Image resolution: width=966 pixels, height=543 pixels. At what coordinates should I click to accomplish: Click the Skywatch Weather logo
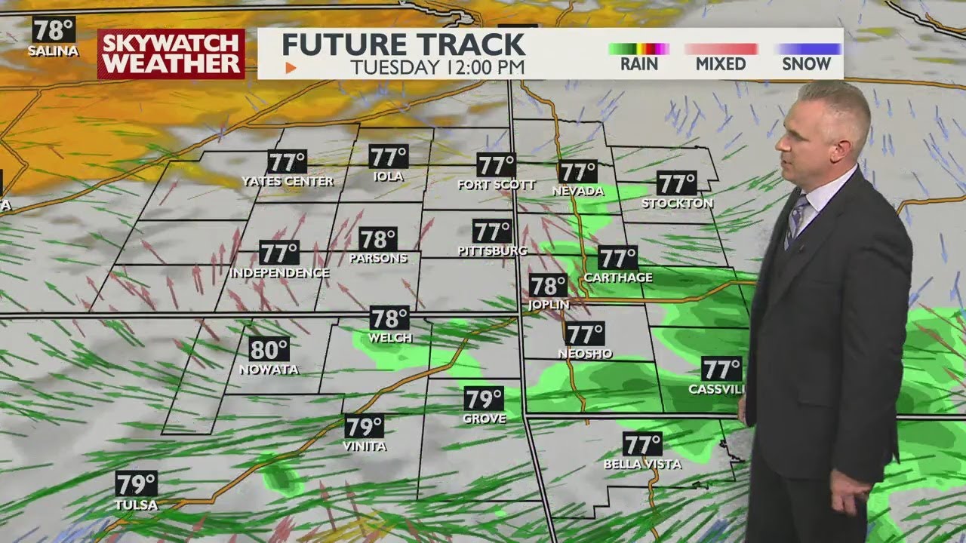pos(171,54)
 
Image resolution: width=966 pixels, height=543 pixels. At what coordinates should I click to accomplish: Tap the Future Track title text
pos(403,44)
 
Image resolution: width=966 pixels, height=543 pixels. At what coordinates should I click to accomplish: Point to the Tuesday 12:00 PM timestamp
pos(437,66)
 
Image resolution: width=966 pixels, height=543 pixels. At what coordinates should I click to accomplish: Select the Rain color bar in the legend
pos(638,49)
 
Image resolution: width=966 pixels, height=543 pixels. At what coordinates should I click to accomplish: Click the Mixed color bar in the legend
pos(721,49)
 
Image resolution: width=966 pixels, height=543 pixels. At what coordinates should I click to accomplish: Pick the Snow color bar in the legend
pos(808,49)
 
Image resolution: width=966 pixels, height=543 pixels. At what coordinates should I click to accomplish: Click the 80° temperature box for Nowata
pos(269,349)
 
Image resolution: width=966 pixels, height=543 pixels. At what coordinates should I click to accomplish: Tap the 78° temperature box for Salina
pos(54,30)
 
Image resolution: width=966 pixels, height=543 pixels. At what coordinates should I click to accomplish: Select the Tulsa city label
pos(136,505)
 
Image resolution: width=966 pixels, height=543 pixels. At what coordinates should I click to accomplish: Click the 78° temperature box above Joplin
pos(548,286)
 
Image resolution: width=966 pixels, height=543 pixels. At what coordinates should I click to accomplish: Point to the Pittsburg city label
pos(492,250)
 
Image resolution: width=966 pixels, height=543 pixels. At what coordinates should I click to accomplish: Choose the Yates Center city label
pos(288,181)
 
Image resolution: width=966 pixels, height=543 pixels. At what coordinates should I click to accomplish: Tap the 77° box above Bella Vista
pos(642,444)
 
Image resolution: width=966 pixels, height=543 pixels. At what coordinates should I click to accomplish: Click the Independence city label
pos(279,272)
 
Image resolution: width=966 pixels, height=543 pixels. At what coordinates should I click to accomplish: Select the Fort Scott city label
pos(496,184)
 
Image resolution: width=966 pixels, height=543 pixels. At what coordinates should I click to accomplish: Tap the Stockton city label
pos(677,203)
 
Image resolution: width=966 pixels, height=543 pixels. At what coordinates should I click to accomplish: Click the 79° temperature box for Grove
pos(484,399)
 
